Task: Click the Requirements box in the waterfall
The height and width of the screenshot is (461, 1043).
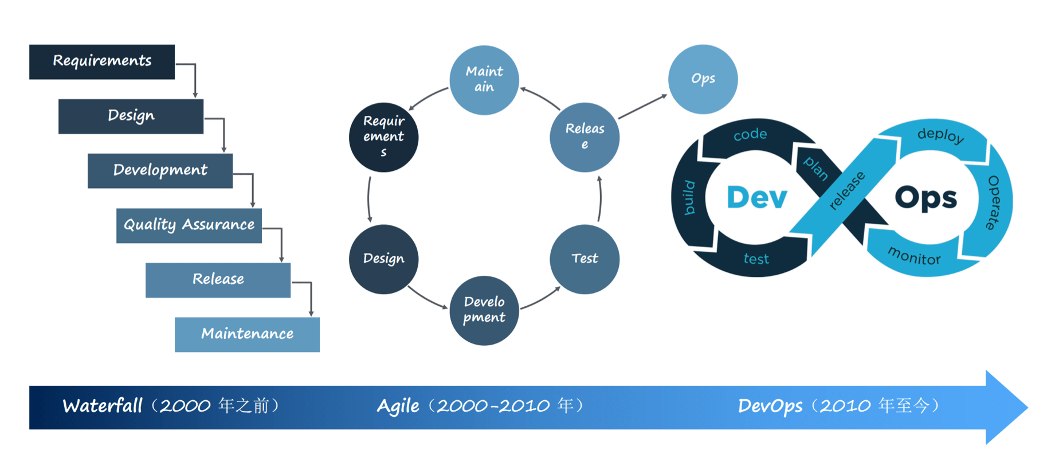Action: (102, 62)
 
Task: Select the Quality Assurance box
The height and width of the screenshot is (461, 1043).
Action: (189, 225)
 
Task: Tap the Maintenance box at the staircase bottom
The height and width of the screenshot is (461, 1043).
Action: (247, 334)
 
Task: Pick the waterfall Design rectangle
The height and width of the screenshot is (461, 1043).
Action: (131, 116)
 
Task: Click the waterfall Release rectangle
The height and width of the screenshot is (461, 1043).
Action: (218, 280)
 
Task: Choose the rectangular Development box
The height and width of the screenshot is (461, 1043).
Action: (160, 171)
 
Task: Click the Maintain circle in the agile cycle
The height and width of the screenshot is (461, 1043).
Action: (484, 80)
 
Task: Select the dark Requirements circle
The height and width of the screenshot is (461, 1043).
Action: (383, 137)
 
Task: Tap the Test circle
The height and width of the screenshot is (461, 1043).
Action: (585, 259)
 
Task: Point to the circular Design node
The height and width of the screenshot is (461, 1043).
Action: (383, 259)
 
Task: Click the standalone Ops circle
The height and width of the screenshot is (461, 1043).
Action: (703, 79)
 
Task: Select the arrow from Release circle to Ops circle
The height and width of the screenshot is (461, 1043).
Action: (643, 107)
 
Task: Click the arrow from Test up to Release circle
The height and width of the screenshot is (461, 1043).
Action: (599, 198)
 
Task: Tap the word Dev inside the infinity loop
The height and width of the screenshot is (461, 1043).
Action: (756, 197)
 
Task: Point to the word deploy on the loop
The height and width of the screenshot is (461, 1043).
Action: (940, 135)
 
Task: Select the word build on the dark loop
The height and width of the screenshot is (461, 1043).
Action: (689, 198)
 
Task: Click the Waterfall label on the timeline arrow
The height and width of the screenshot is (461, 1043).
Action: (103, 406)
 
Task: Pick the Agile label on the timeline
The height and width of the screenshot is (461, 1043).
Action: (398, 406)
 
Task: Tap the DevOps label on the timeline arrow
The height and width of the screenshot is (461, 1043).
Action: (770, 406)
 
